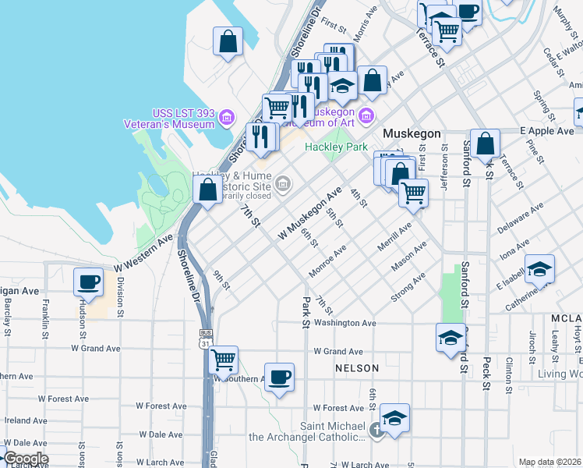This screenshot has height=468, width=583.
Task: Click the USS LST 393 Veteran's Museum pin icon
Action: pos(227,119)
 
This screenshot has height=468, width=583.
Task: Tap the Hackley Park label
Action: pos(336,147)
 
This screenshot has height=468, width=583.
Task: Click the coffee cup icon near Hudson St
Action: pos(89,282)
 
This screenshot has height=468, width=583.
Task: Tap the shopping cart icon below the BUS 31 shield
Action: pos(224,360)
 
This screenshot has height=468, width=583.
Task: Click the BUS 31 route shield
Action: pos(205,338)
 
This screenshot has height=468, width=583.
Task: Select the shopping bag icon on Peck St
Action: pos(485,144)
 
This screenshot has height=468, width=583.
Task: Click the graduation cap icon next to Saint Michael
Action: pos(395,418)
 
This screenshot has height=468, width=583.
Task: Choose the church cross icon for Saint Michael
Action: pos(376,430)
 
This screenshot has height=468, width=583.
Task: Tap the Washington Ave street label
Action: pos(346,323)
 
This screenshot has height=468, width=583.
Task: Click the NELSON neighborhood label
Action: pos(357,368)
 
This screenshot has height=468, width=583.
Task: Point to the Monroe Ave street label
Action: pos(327,262)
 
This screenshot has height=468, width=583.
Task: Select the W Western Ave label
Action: pos(143,253)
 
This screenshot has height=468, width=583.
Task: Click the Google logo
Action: pos(25,459)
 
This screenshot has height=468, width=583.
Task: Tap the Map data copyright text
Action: pos(549,462)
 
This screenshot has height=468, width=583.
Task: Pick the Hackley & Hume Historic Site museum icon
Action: pos(283,185)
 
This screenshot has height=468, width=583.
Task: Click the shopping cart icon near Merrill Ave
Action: pos(413,192)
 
